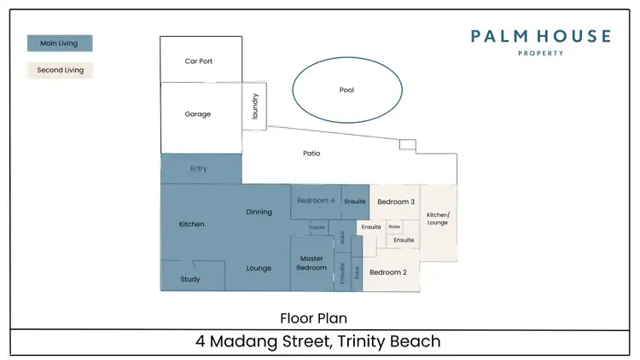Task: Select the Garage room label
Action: pyautogui.click(x=197, y=114)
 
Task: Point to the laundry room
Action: pyautogui.click(x=254, y=106)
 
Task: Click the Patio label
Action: pyautogui.click(x=311, y=154)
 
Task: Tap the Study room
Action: pyautogui.click(x=190, y=279)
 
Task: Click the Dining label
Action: pyautogui.click(x=259, y=212)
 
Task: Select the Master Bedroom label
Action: pyautogui.click(x=311, y=263)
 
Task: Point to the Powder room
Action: pyautogui.click(x=317, y=228)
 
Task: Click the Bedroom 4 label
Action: pyautogui.click(x=315, y=200)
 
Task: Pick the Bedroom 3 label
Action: pyautogui.click(x=396, y=202)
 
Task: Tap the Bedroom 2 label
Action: pyautogui.click(x=387, y=272)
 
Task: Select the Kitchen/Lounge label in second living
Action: pyautogui.click(x=438, y=218)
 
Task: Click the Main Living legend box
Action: pyautogui.click(x=60, y=44)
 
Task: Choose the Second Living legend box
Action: pyautogui.click(x=60, y=70)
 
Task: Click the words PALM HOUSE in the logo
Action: pyautogui.click(x=541, y=36)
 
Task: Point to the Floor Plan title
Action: pyautogui.click(x=313, y=318)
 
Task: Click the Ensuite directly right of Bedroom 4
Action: pyautogui.click(x=355, y=201)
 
